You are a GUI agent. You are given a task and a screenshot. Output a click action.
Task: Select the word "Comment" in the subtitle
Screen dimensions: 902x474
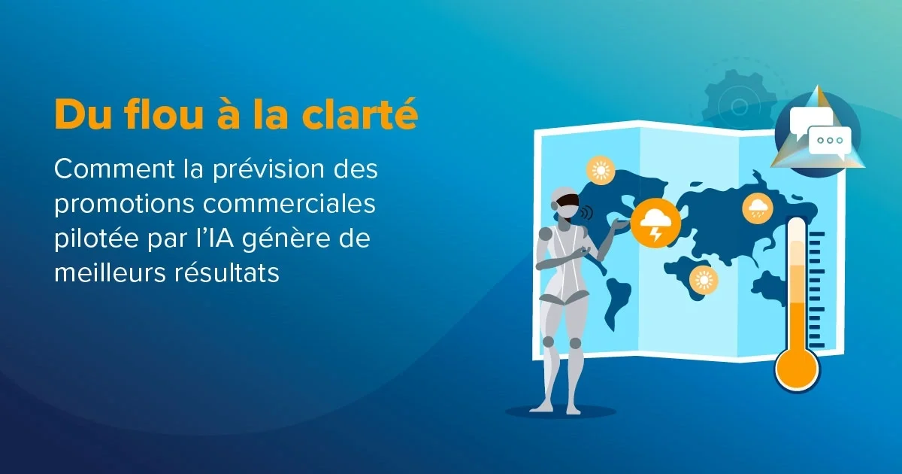114,169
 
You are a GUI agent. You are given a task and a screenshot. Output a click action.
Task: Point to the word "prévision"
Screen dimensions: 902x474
268,170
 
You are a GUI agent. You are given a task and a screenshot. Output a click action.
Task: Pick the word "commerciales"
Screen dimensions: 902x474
289,204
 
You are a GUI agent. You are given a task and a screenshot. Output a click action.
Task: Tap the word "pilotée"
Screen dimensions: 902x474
97,239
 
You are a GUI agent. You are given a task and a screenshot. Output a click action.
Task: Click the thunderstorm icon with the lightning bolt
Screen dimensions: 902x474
655,223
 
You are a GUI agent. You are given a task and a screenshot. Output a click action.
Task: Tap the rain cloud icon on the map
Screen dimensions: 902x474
758,208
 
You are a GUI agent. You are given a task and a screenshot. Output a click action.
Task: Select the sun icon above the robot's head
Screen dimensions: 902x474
601,170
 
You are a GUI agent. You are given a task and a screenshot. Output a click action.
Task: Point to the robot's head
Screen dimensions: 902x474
566,205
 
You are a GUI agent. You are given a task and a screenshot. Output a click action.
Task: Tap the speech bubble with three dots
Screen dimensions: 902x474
830,141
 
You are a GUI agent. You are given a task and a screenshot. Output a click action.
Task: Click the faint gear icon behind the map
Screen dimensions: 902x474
740,106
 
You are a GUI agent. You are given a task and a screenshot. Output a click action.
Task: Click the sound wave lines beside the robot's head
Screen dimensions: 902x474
588,212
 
